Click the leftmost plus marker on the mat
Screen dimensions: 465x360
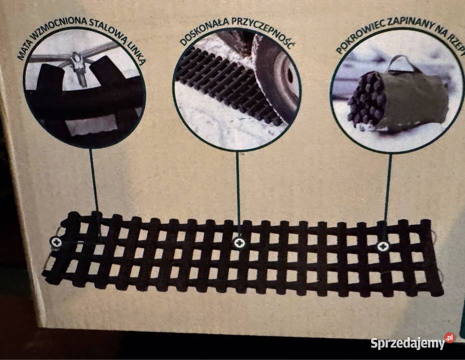tap(56, 242)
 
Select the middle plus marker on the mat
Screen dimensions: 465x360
tap(239, 243)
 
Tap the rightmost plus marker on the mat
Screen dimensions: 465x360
tap(383, 246)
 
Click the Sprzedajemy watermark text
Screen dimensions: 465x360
tap(408, 343)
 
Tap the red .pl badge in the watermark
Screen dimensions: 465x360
tap(449, 338)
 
